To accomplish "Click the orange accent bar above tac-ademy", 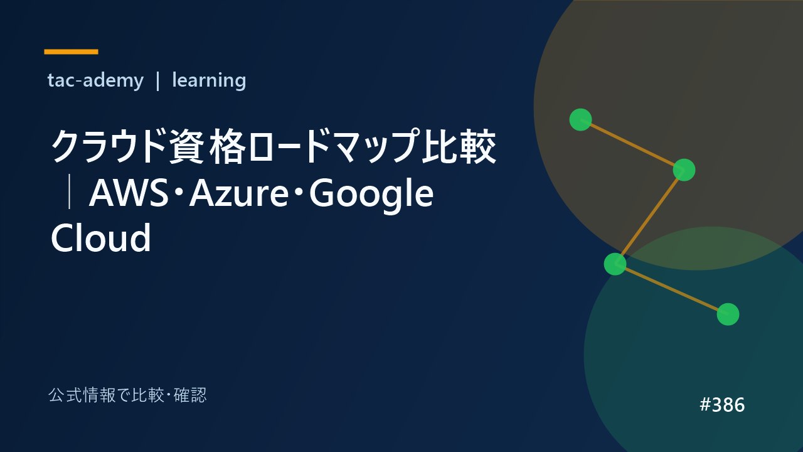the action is point(71,51).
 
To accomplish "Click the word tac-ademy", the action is point(95,80).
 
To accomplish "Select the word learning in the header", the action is point(209,80).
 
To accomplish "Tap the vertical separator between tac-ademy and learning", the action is point(157,81).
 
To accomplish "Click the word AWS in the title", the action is point(129,193).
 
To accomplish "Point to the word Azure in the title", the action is point(239,194).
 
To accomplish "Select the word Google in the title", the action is point(371,196).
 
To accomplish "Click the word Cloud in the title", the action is point(101,237).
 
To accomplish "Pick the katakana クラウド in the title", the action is point(109,147).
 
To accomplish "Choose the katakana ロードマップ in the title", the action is point(333,147).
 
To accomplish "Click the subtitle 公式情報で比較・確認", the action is point(127,395).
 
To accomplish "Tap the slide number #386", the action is point(722,405).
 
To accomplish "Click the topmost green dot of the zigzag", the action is point(581,119).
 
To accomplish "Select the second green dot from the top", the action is point(684,169).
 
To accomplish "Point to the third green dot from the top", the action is point(615,264).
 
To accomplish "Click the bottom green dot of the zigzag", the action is point(728,315).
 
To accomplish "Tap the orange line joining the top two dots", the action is point(632,144).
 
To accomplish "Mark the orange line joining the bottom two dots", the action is point(671,289).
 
